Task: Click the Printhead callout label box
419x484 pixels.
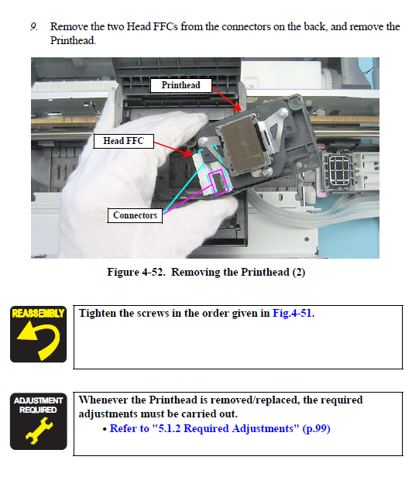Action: (181, 85)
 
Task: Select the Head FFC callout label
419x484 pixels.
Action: (123, 141)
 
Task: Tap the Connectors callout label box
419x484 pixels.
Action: (135, 215)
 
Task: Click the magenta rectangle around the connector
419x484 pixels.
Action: (219, 182)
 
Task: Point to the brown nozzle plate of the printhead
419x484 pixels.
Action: (244, 145)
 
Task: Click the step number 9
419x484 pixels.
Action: (34, 26)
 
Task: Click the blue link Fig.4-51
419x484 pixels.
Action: (292, 313)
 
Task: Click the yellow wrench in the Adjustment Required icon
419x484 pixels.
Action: (39, 431)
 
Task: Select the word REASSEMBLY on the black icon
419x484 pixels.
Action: (38, 314)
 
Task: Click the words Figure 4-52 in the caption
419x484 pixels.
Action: (136, 273)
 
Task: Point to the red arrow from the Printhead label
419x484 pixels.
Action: (226, 99)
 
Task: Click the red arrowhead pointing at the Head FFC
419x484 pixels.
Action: (187, 153)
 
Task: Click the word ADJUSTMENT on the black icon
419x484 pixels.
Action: (38, 400)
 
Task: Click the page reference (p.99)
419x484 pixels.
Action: (317, 428)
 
